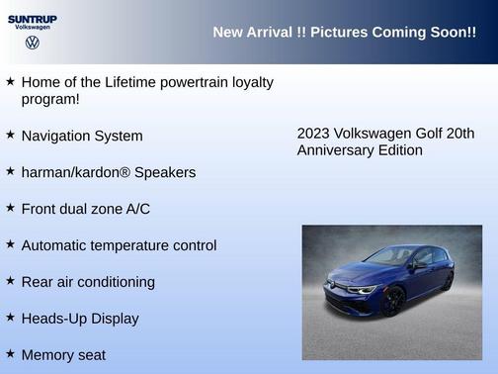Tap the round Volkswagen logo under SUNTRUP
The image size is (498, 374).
(32, 43)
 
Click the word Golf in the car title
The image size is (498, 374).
(427, 134)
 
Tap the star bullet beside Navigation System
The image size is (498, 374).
(10, 134)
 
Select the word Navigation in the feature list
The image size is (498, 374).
(57, 136)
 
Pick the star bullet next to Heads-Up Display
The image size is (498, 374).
(10, 317)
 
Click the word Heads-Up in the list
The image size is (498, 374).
(53, 319)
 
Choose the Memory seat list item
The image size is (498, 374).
(63, 354)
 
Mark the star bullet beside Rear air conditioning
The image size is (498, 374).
(10, 280)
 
